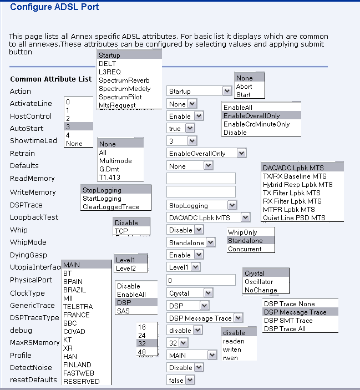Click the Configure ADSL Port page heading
[x=54, y=7]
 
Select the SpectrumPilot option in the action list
[x=120, y=97]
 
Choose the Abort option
[x=244, y=87]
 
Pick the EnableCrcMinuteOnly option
[x=256, y=124]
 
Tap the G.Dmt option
[x=110, y=169]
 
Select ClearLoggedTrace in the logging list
[x=111, y=207]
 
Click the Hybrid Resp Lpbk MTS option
[x=297, y=185]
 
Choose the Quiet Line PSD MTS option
[x=294, y=218]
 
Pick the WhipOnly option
[x=242, y=232]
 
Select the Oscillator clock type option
[x=258, y=282]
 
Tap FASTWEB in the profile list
[x=78, y=373]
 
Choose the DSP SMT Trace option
[x=288, y=321]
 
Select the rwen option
[x=230, y=358]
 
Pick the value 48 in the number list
[x=142, y=352]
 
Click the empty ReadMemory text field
[x=201, y=179]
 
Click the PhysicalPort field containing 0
[x=201, y=280]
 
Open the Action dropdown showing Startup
[x=199, y=91]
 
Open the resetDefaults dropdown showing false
[x=181, y=380]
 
